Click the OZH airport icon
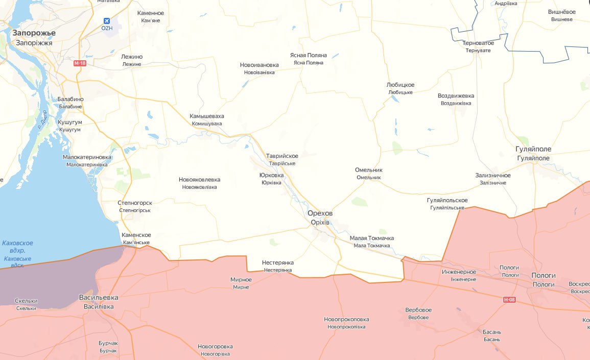(106, 21)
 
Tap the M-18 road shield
(79, 63)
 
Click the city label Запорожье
(34, 33)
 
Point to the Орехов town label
(320, 213)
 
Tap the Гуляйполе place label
(534, 149)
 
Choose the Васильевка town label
(99, 297)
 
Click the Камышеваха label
(207, 116)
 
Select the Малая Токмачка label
(371, 238)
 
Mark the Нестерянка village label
(277, 262)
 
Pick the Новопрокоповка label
(346, 320)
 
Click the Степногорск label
(135, 203)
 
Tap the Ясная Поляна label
(309, 55)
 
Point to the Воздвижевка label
(456, 96)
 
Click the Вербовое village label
(418, 310)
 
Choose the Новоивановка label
(259, 65)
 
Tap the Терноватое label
(478, 43)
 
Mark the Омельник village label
(369, 170)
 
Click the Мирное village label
(241, 280)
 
